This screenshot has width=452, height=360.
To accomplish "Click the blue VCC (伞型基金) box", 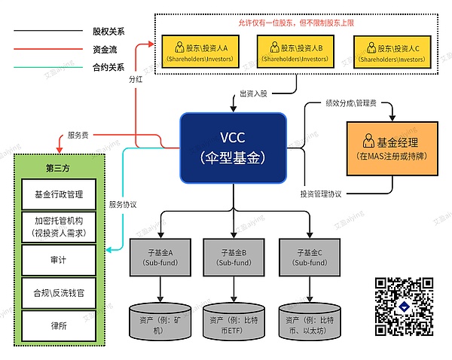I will pos(232,148).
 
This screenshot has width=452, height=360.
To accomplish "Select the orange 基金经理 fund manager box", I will pos(392,148).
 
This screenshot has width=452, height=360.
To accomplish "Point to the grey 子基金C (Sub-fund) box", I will pos(307,256).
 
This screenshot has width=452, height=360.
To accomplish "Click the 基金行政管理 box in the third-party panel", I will pos(59,194).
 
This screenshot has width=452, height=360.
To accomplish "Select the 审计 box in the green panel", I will pos(59,260).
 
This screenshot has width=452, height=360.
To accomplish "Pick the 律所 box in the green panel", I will pos(59,325).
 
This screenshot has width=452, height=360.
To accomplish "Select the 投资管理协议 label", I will pos(322,194).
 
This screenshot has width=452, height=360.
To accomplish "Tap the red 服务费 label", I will pos(78,135).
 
